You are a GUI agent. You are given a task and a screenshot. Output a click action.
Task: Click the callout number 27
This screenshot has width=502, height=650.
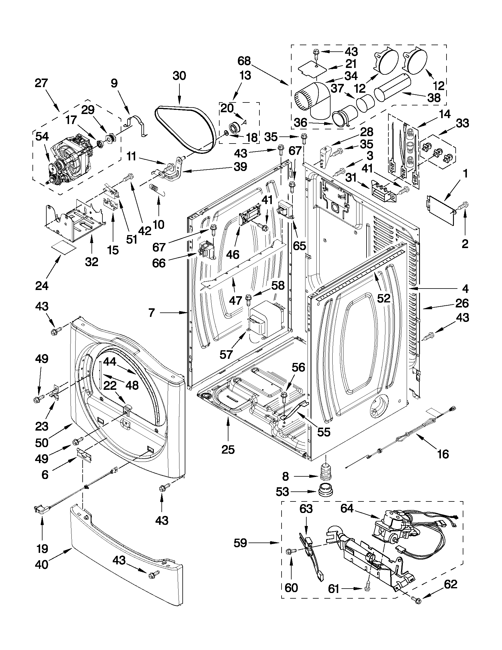(x=41, y=83)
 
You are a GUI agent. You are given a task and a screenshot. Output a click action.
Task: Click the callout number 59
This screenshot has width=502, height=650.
(x=240, y=543)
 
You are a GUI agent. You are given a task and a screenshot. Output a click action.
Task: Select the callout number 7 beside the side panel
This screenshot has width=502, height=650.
(x=152, y=312)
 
